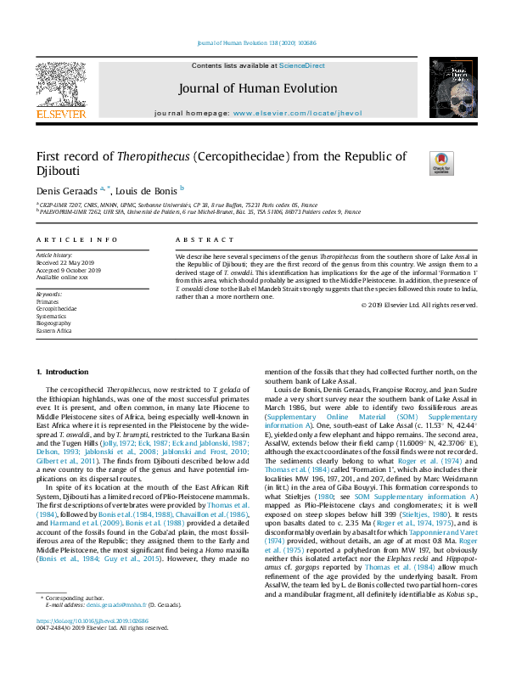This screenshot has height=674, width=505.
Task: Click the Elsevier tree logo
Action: click(60, 87)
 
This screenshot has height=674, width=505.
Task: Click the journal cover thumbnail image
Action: click(445, 91)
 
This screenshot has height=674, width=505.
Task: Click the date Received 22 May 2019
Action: click(66, 263)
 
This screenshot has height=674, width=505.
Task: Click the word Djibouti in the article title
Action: click(63, 171)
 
